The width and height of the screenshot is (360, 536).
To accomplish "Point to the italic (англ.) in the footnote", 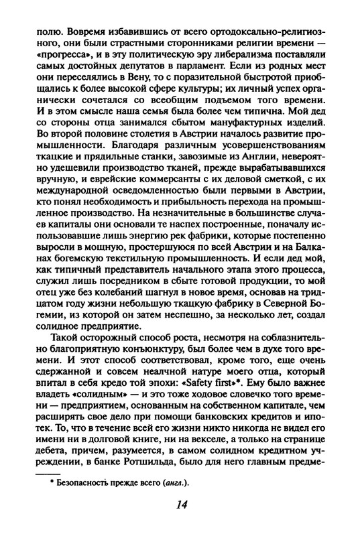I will [x=170, y=480].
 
